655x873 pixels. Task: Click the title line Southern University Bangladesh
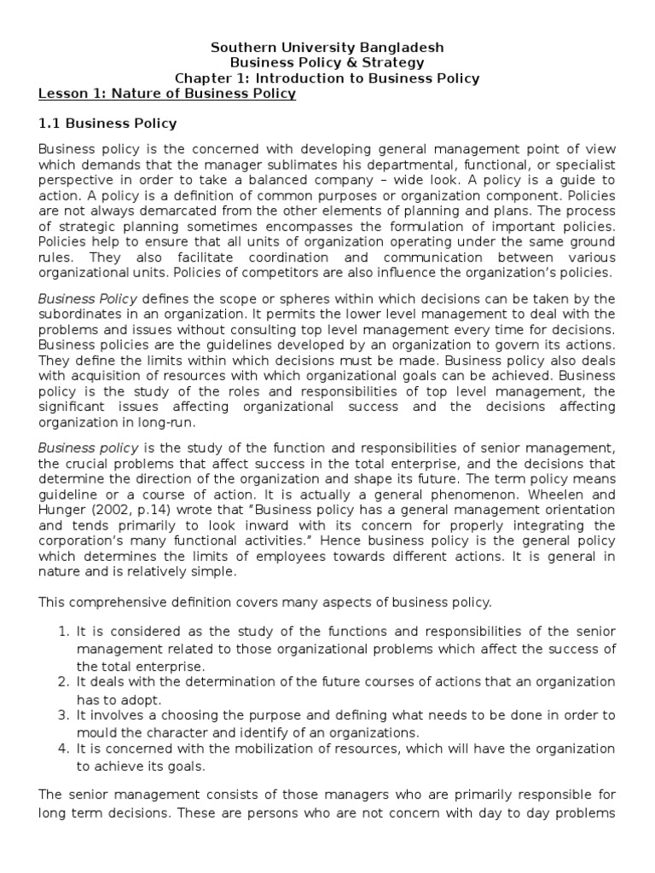click(x=327, y=47)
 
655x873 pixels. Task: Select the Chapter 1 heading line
click(x=327, y=78)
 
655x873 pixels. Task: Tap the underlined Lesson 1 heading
click(x=167, y=94)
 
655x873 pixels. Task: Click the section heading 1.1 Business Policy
click(x=107, y=124)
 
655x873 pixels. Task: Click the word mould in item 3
click(x=95, y=732)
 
